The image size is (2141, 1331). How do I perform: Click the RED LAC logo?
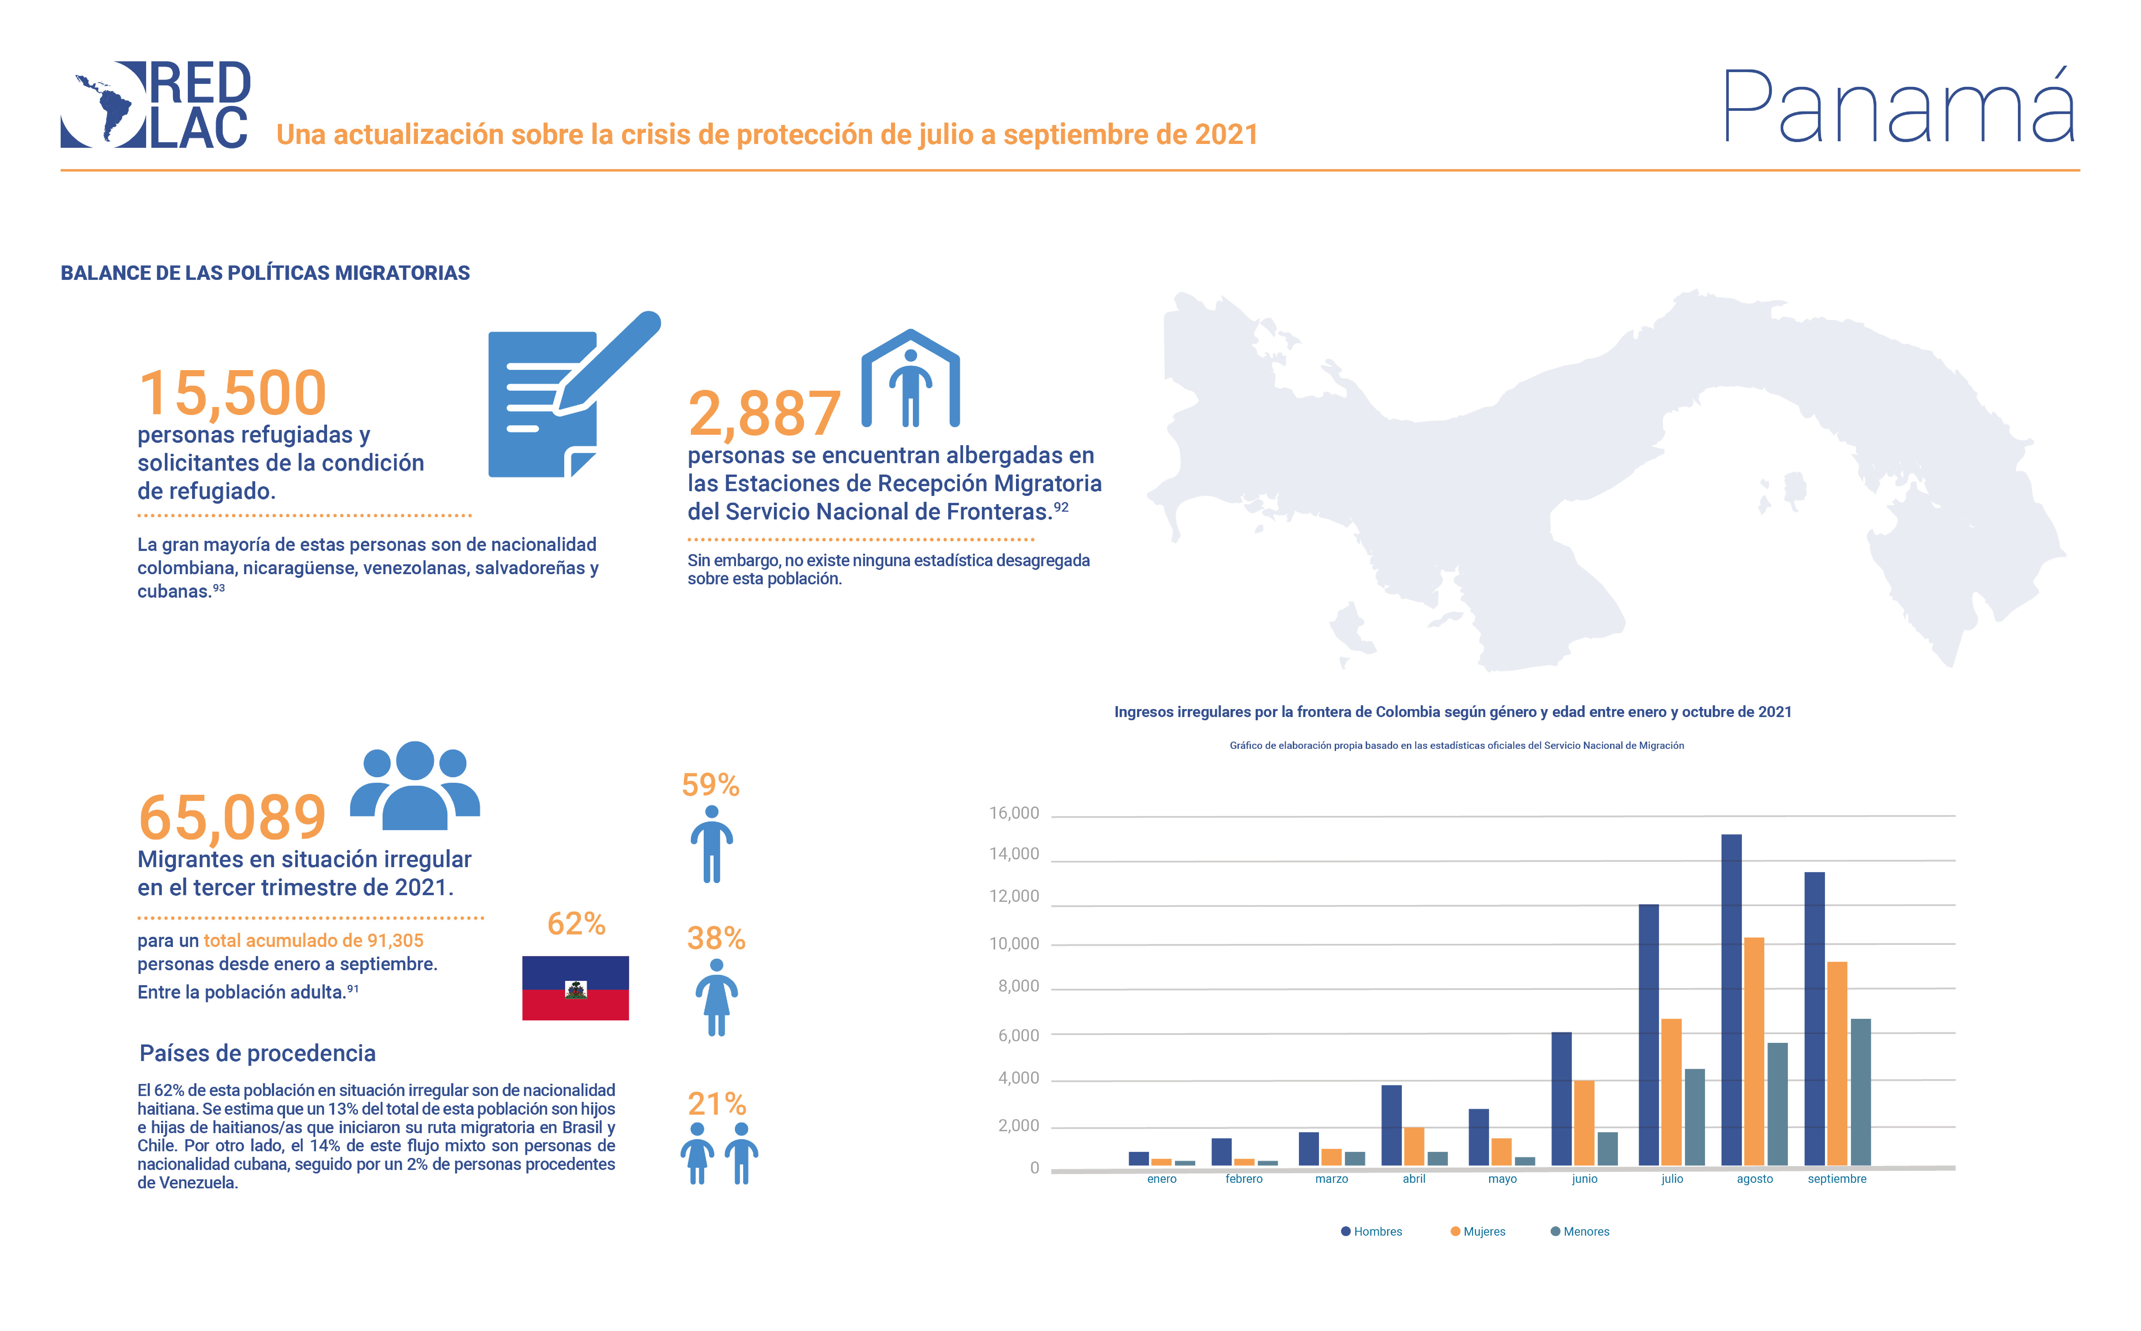point(156,105)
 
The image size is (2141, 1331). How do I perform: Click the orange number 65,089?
point(232,818)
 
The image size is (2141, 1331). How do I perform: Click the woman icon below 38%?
point(717,997)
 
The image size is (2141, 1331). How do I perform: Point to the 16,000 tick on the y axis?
point(1014,813)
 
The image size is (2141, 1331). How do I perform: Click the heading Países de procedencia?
point(257,1054)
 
